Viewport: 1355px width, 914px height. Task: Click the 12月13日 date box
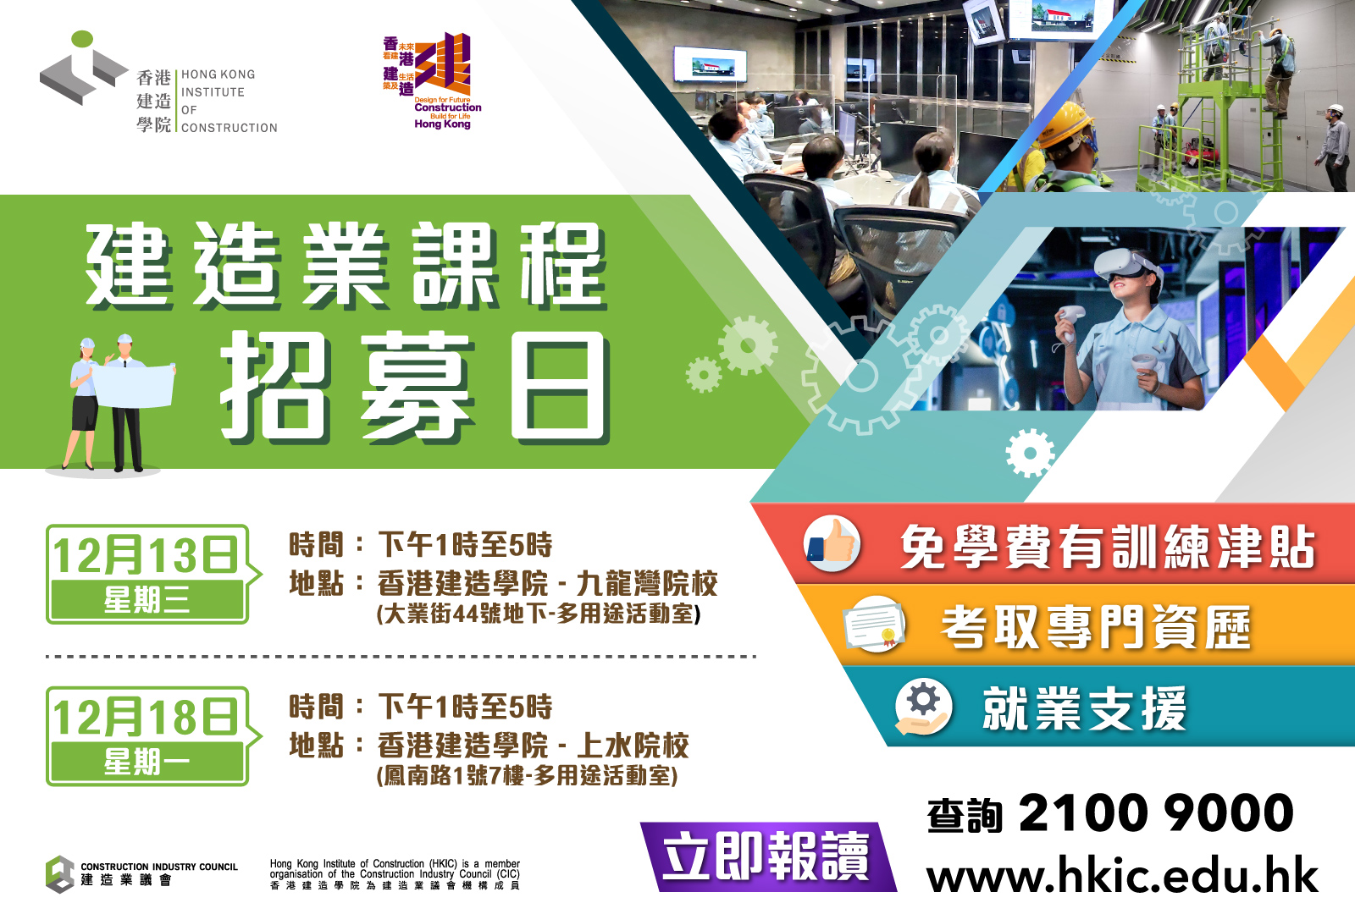point(147,574)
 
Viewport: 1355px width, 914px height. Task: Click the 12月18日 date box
point(147,735)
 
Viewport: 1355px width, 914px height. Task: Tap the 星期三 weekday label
point(147,600)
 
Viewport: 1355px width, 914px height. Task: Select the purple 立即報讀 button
point(767,856)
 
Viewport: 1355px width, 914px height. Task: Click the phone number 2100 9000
point(1156,813)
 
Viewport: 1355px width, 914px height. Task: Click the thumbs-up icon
point(832,543)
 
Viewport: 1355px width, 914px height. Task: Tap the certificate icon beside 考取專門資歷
point(874,624)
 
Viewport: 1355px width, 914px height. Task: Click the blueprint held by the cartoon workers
point(132,385)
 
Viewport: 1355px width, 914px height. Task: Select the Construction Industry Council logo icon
point(60,874)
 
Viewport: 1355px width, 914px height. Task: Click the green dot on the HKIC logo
point(82,39)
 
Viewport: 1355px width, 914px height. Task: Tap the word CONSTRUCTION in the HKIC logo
point(230,128)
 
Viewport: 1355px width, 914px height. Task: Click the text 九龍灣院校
point(647,583)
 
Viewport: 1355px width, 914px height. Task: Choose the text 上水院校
point(632,746)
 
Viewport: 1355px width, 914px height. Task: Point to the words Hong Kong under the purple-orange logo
point(442,124)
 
